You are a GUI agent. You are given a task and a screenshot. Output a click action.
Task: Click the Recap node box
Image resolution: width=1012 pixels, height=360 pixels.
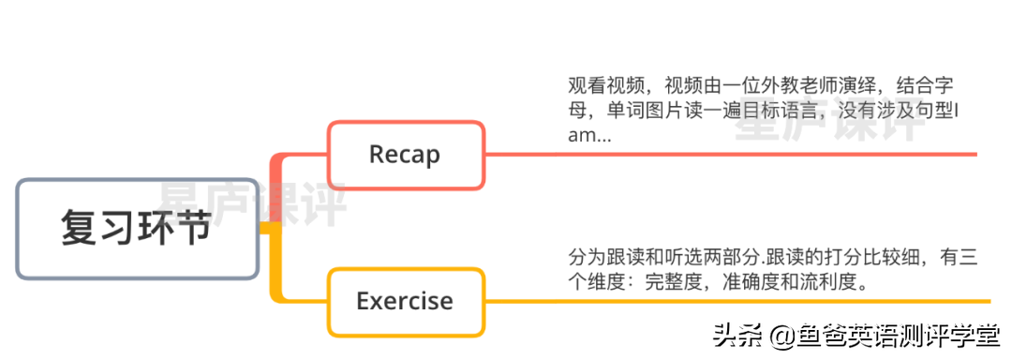[405, 155]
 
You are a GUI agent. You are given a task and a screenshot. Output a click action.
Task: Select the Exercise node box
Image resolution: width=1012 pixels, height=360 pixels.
[405, 301]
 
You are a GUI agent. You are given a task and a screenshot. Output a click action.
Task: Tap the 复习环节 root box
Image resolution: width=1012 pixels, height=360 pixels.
[137, 229]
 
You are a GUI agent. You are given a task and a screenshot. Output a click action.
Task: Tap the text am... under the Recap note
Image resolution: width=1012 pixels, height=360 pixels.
[590, 136]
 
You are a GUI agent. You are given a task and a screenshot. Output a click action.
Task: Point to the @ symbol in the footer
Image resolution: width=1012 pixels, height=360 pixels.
[779, 335]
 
